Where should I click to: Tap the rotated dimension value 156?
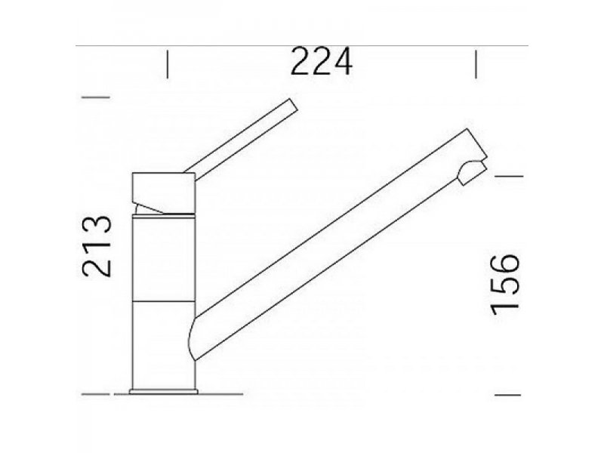[x=504, y=284]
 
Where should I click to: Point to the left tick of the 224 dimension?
[x=168, y=63]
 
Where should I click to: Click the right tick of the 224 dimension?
[x=475, y=63]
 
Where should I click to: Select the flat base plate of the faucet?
[x=165, y=391]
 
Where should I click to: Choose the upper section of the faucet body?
[x=164, y=257]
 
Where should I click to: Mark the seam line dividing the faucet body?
[x=164, y=300]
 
